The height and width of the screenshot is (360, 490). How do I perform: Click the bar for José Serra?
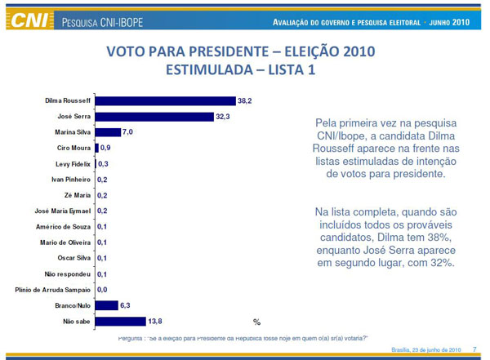click(x=154, y=116)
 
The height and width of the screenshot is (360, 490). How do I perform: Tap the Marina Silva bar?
click(x=108, y=131)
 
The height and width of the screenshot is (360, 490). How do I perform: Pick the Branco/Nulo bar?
click(x=106, y=305)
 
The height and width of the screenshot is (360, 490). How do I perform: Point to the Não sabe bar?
click(x=120, y=322)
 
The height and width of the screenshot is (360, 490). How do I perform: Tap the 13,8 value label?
click(x=154, y=322)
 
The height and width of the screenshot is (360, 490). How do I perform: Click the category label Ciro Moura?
click(x=73, y=148)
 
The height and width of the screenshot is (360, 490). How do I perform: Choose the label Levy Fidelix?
click(x=71, y=163)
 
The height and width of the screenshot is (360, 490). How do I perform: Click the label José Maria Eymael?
click(x=60, y=211)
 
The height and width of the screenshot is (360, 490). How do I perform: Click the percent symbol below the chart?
click(x=256, y=322)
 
